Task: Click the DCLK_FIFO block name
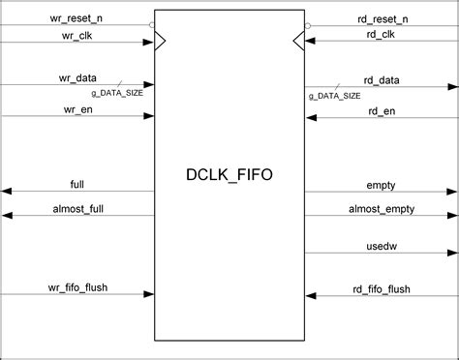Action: (229, 176)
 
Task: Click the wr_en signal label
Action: (77, 109)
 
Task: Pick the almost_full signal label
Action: (77, 208)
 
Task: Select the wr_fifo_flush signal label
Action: (77, 288)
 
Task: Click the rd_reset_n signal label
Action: (382, 18)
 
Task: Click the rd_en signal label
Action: (382, 109)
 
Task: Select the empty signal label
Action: (382, 184)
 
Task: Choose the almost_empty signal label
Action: (382, 208)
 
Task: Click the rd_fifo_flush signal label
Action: (382, 288)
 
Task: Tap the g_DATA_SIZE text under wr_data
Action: (122, 94)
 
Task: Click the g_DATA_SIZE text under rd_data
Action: (336, 95)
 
